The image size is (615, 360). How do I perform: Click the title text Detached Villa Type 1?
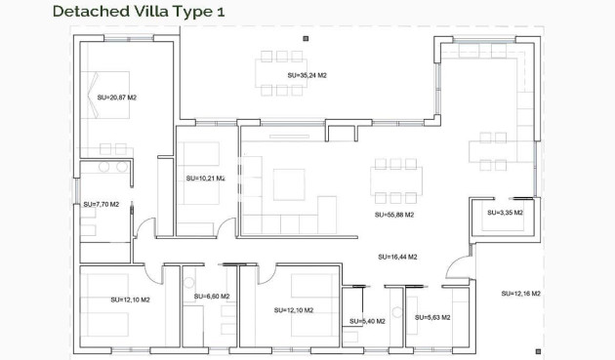point(130,12)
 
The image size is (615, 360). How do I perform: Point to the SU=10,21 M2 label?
point(205,179)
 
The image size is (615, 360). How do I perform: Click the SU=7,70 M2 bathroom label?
point(101,205)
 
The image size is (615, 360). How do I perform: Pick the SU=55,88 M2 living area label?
point(394,215)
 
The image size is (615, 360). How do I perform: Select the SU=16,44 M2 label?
point(397,257)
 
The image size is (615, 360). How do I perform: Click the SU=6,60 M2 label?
point(212,297)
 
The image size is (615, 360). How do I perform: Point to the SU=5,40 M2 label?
point(367,321)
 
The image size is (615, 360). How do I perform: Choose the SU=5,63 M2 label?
point(430,317)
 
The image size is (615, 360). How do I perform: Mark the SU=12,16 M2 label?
point(521,293)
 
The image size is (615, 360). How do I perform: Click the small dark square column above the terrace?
point(307,38)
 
